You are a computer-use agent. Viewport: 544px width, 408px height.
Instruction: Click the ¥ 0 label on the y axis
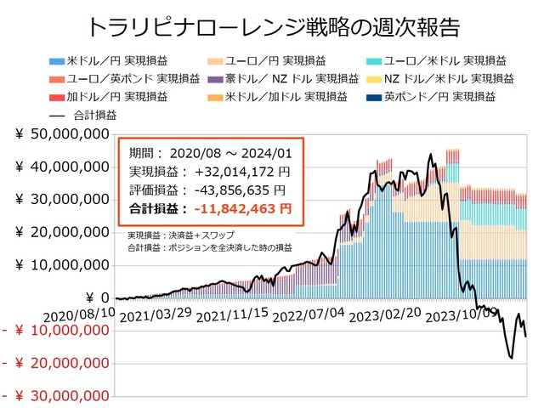94,297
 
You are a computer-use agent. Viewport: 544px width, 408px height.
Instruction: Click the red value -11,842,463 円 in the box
242,207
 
